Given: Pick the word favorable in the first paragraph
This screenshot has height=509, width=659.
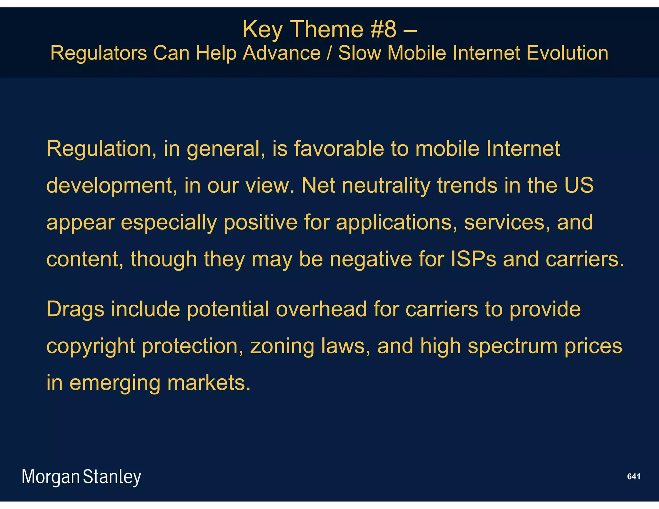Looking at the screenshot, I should (x=339, y=149).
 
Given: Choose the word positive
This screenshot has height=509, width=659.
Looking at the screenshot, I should (x=260, y=222).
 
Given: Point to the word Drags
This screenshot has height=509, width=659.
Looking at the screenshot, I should (x=75, y=309).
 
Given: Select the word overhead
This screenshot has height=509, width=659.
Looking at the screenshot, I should (x=321, y=309).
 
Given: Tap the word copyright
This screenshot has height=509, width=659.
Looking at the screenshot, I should (x=91, y=347).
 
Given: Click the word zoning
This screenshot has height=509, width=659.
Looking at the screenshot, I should (x=282, y=347).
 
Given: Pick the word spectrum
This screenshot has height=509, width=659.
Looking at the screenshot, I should (x=513, y=347).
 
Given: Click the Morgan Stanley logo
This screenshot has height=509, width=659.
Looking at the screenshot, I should (x=81, y=477).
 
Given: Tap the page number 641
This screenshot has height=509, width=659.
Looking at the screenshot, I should (x=634, y=477).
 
